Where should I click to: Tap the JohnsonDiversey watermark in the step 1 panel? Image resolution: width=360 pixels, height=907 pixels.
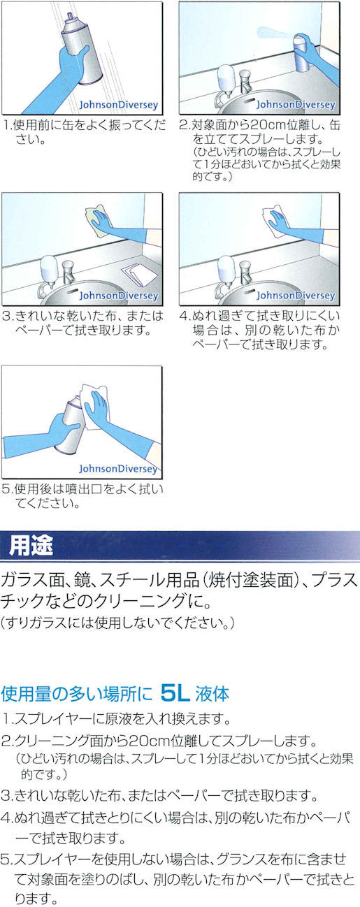pyautogui.click(x=118, y=105)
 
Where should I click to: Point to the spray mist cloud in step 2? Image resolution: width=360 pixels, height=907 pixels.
pyautogui.click(x=273, y=32)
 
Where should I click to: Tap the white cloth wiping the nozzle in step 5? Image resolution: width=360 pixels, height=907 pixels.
pyautogui.click(x=94, y=404)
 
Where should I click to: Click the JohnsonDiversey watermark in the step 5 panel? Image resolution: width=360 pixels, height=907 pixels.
pyautogui.click(x=118, y=468)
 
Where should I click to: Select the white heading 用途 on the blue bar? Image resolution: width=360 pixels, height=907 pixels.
pyautogui.click(x=31, y=546)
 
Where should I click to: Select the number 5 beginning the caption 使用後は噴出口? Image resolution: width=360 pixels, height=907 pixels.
pyautogui.click(x=6, y=489)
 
